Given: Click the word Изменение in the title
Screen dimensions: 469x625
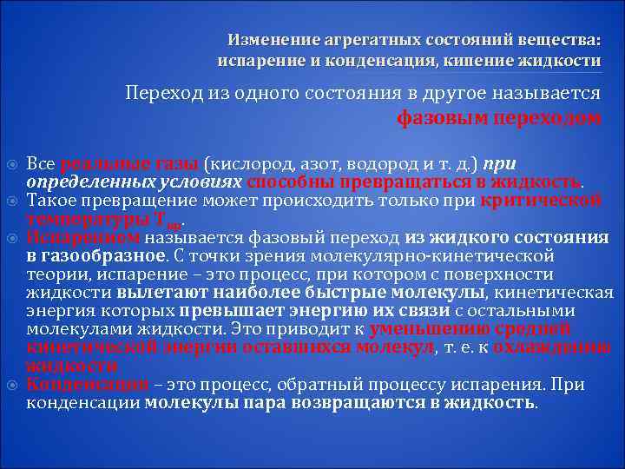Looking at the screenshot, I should [261, 41].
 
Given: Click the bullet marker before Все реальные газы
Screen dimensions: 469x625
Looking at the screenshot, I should [12, 165].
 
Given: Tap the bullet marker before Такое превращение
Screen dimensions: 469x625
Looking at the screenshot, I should [12, 201].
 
